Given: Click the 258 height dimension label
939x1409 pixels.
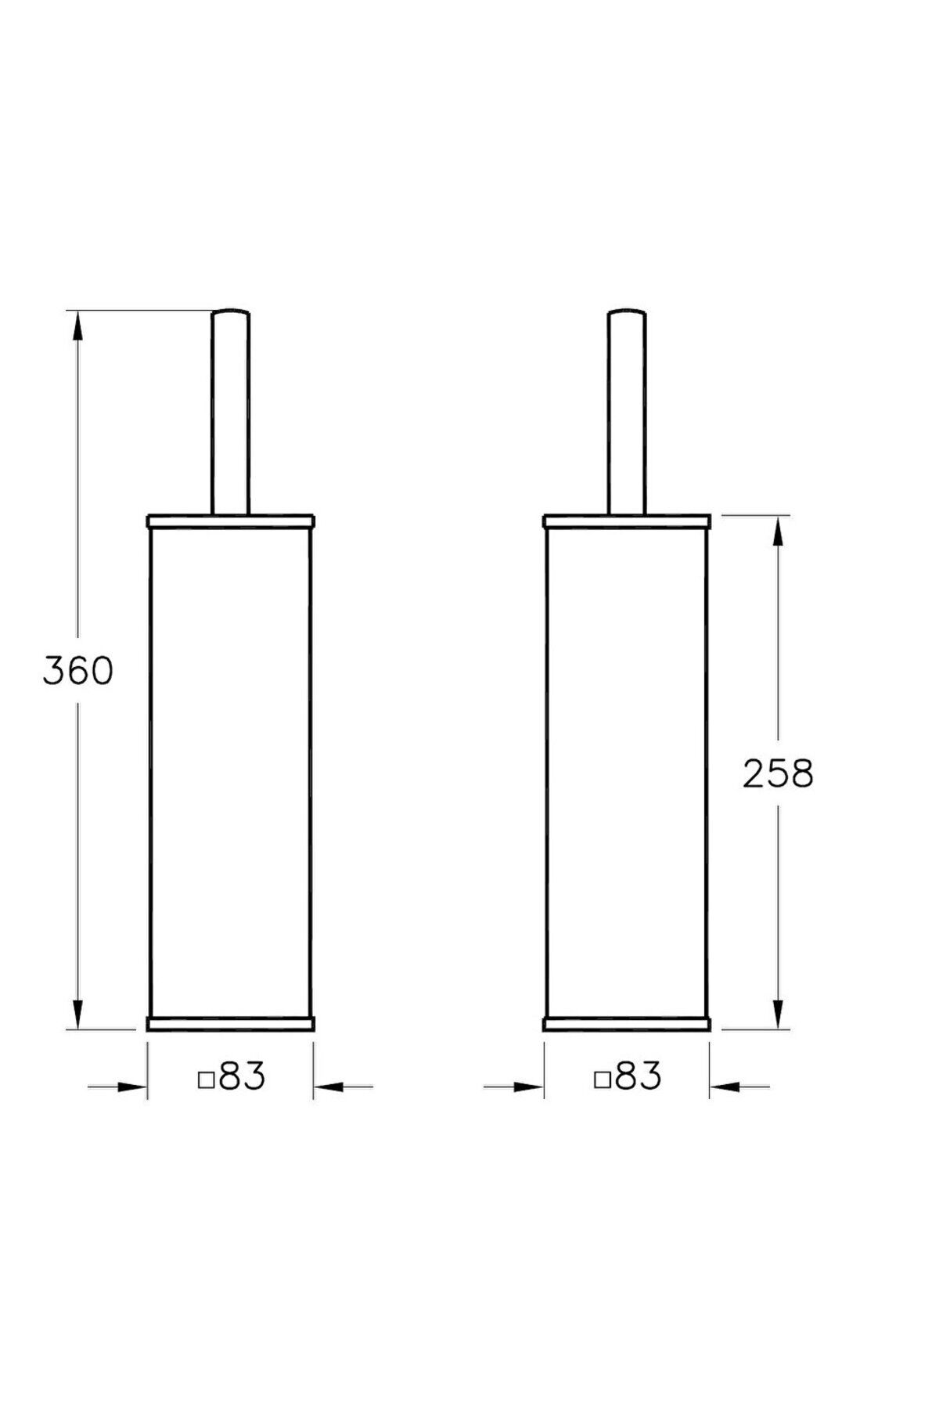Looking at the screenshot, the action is pyautogui.click(x=778, y=774).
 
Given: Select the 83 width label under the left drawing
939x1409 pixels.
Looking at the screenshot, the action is pyautogui.click(x=242, y=1077).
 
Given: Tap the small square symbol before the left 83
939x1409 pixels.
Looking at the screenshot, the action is pyautogui.click(x=207, y=1081).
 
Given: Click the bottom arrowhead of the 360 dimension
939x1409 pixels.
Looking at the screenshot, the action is pyautogui.click(x=77, y=1015).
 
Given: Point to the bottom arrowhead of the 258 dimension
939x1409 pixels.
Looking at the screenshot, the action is pyautogui.click(x=778, y=1015).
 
